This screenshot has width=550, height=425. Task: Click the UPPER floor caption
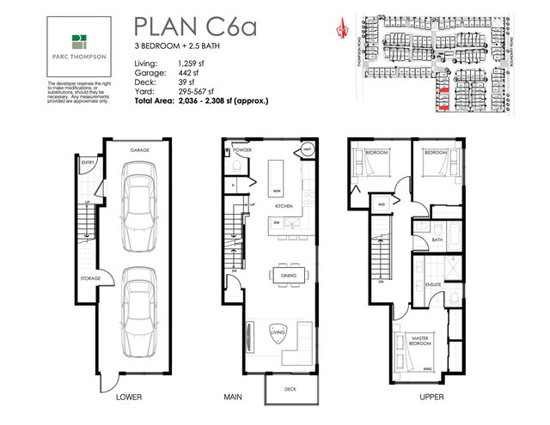[x=407, y=398]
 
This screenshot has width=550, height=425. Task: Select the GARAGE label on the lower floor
[x=140, y=149]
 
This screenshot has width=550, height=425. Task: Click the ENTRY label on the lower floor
[x=88, y=161]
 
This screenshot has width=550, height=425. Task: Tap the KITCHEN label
[x=284, y=207]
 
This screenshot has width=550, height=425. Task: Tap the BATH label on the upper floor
[x=437, y=240]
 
